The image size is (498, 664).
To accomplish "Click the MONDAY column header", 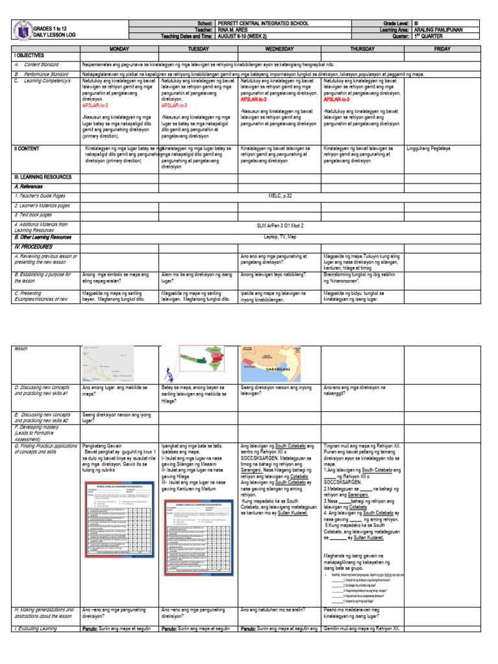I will (119, 49).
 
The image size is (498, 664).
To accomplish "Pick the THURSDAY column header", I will (362, 49).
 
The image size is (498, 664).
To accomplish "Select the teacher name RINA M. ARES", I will (235, 30).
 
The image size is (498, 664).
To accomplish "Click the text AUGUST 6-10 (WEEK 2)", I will (243, 37).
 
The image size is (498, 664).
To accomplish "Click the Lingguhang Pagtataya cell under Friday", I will (429, 148).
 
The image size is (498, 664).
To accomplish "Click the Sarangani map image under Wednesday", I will (279, 364).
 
